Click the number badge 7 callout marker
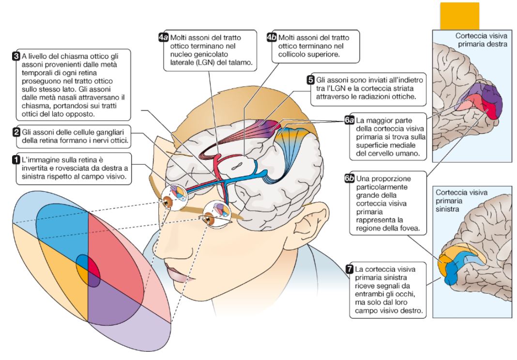pyautogui.click(x=349, y=268)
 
